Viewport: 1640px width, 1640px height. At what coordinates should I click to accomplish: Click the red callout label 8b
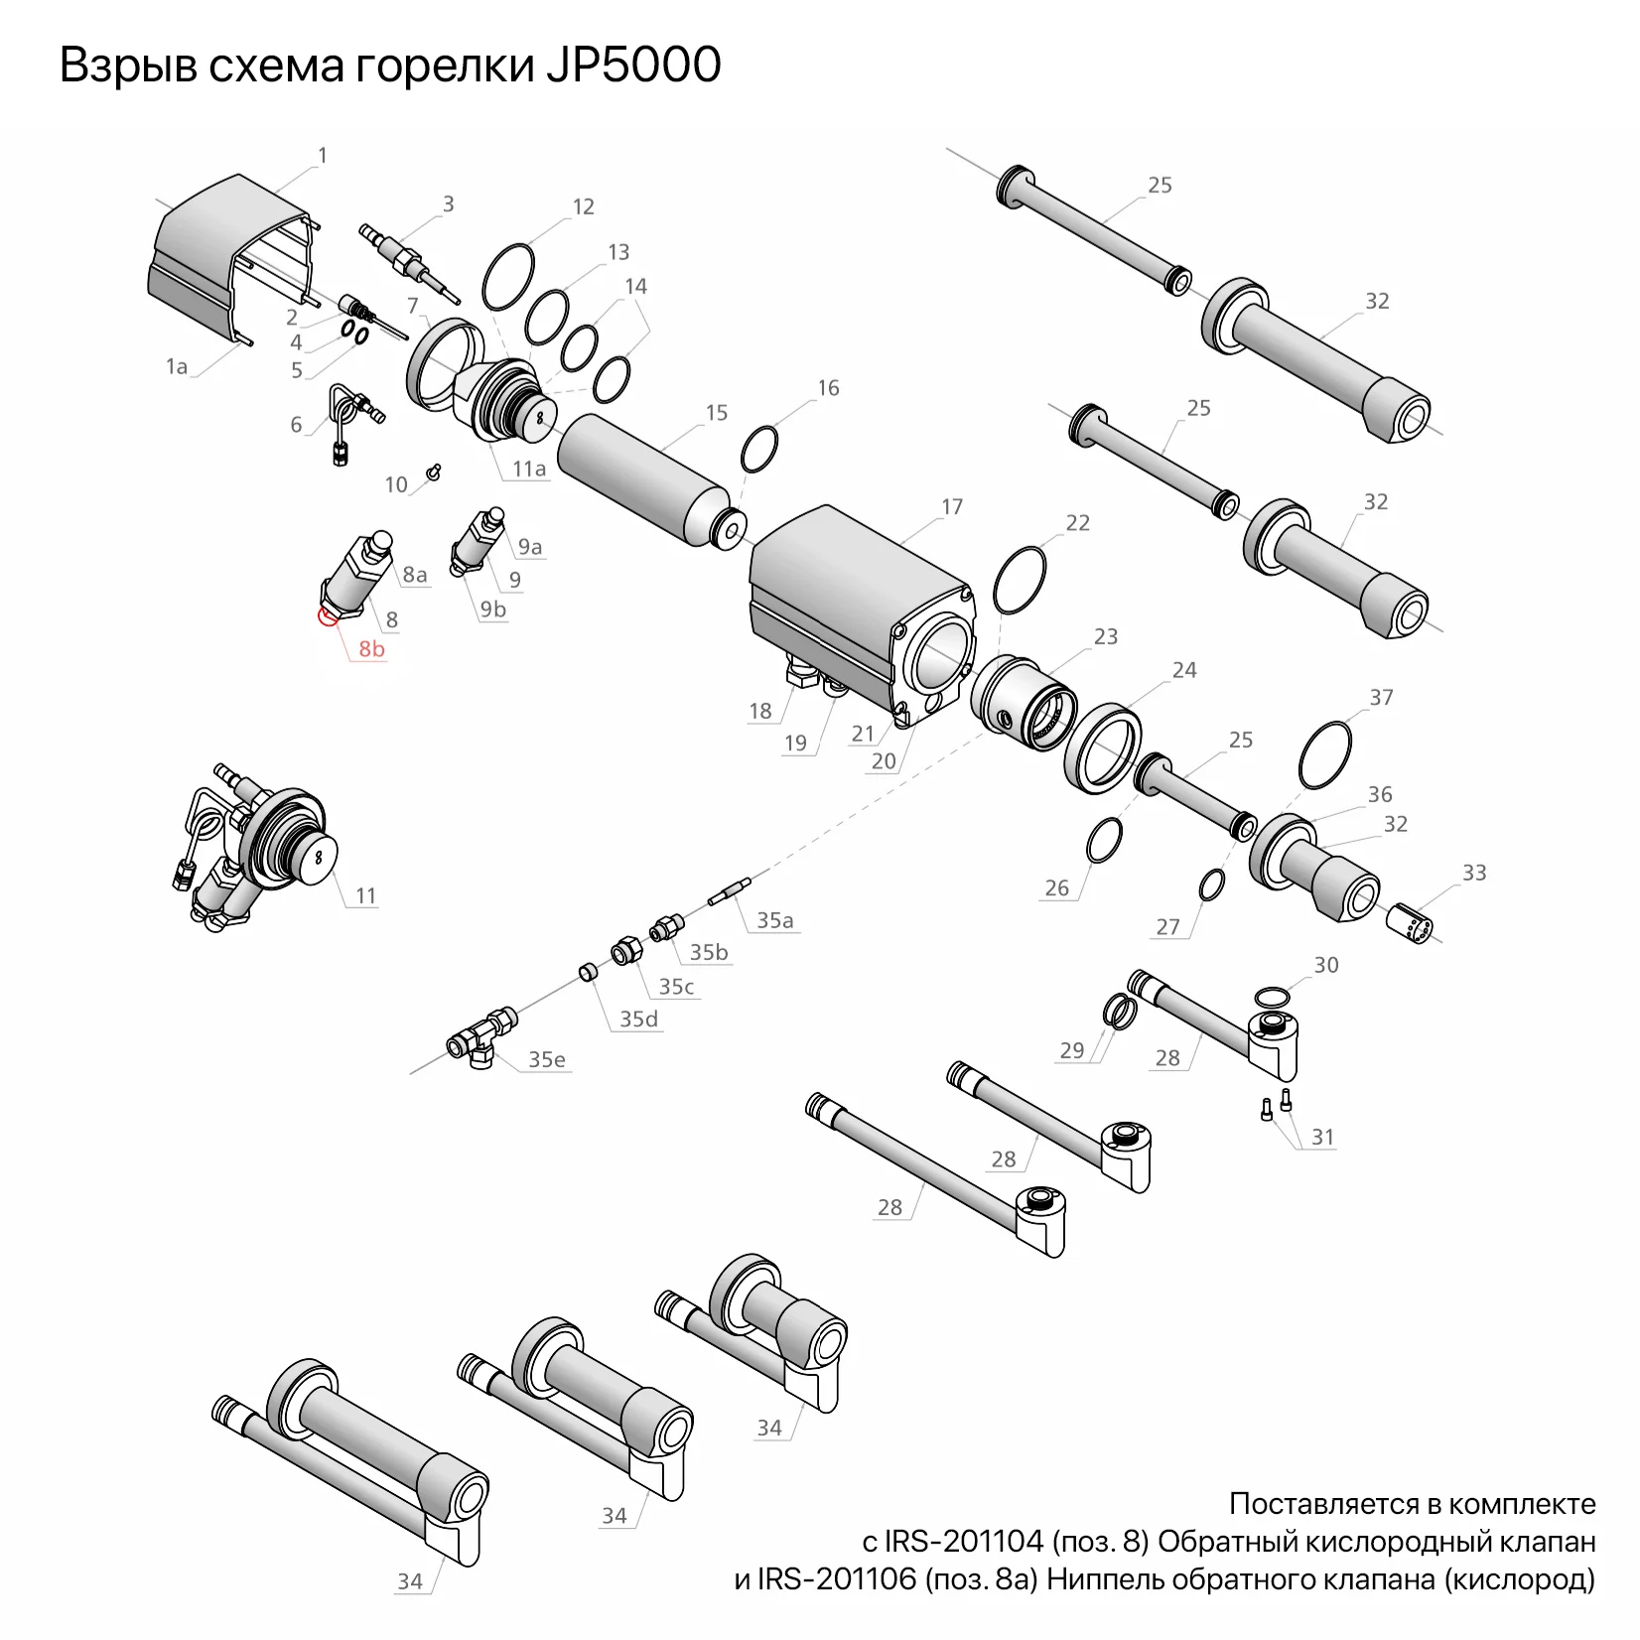(x=371, y=649)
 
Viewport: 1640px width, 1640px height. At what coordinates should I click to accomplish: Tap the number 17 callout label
(x=951, y=507)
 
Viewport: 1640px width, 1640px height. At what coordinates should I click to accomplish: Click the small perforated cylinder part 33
(x=1410, y=920)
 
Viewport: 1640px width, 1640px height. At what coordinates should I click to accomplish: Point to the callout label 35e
(x=546, y=1059)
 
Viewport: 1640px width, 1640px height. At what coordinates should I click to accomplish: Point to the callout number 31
(x=1322, y=1137)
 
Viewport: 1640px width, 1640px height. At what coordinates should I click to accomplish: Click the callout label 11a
(x=529, y=469)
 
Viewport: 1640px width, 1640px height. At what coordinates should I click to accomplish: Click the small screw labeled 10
(x=433, y=472)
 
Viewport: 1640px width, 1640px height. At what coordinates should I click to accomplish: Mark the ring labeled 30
(x=1274, y=996)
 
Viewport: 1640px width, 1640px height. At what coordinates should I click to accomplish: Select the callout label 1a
(x=177, y=366)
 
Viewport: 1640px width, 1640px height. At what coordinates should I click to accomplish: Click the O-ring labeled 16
(x=759, y=450)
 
